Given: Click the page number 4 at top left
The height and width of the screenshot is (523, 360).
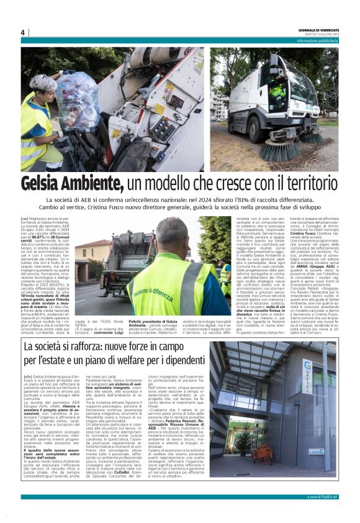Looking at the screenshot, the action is pos(22,32).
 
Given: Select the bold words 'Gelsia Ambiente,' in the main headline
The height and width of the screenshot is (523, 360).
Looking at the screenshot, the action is pos(72,184).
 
